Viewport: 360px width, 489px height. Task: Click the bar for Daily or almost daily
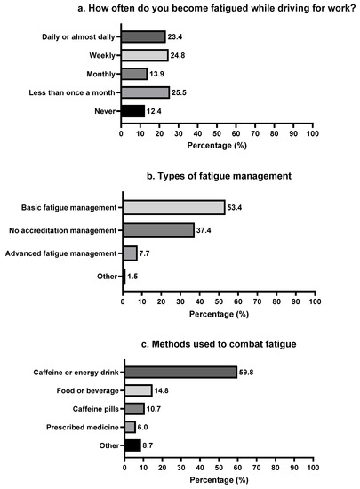pos(143,36)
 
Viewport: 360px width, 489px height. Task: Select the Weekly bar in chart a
pos(145,55)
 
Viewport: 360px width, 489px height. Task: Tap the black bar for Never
pos(132,111)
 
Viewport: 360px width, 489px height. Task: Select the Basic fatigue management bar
pos(173,207)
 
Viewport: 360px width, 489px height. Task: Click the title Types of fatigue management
pos(218,176)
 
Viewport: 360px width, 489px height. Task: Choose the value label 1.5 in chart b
pos(135,277)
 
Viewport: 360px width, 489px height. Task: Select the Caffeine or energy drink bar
pos(180,372)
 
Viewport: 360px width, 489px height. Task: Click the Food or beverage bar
pos(138,390)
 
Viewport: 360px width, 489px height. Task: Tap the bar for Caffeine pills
pos(133,409)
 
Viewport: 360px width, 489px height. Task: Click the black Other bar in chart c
pos(132,445)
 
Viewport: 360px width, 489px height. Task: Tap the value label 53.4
pos(236,207)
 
